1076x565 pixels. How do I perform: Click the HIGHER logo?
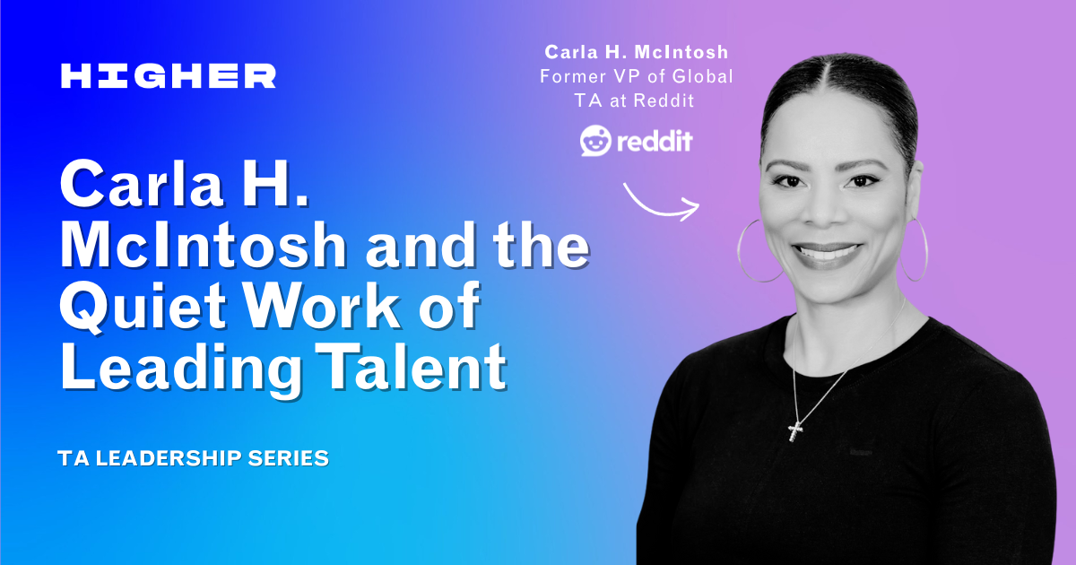pyautogui.click(x=168, y=76)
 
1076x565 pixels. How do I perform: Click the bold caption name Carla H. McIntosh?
pyautogui.click(x=638, y=53)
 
